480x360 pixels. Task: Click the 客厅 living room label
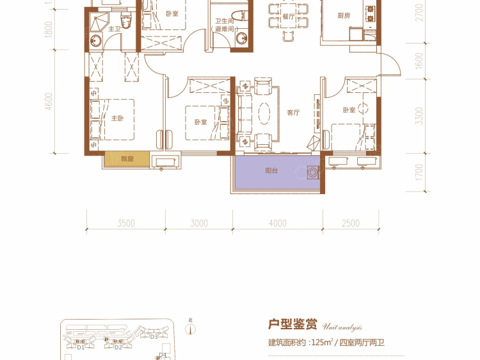(x=294, y=112)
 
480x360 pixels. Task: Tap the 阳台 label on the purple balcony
(x=272, y=171)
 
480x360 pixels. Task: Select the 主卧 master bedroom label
(x=116, y=119)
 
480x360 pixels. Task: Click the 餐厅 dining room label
(x=288, y=17)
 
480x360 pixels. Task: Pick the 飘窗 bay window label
(x=127, y=159)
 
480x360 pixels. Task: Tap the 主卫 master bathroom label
(x=115, y=29)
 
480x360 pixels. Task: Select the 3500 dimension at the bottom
(x=126, y=224)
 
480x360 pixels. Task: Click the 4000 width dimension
(x=277, y=224)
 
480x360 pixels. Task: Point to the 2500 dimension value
(x=351, y=224)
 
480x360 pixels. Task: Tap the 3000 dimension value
(x=199, y=224)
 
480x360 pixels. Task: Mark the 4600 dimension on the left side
(x=49, y=102)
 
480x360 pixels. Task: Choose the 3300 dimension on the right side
(x=419, y=116)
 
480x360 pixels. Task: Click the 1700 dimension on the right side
(x=419, y=174)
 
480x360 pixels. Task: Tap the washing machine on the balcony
(x=313, y=172)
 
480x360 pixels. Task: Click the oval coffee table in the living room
(x=264, y=113)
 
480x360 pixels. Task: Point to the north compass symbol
(x=190, y=329)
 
